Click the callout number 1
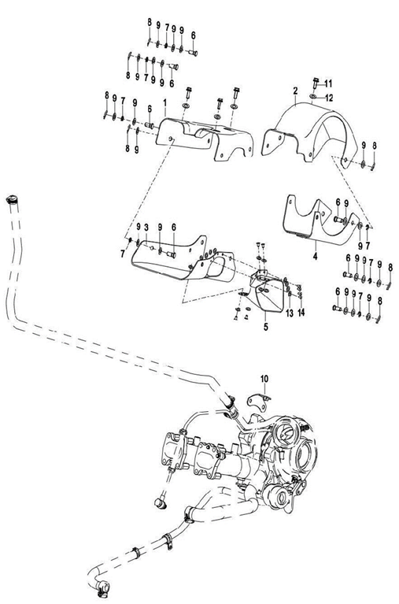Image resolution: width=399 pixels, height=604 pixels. tap(164, 103)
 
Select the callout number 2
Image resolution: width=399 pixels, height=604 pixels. tap(295, 91)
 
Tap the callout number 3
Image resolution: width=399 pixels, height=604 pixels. tap(147, 227)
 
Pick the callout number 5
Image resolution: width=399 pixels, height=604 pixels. tap(264, 324)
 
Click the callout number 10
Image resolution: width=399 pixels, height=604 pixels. tap(265, 379)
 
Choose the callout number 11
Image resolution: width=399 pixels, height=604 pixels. tap(329, 83)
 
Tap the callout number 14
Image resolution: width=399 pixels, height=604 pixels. tap(301, 313)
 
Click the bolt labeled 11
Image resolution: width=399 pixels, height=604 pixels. tap(314, 82)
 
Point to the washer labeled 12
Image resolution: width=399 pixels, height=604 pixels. tap(315, 96)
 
